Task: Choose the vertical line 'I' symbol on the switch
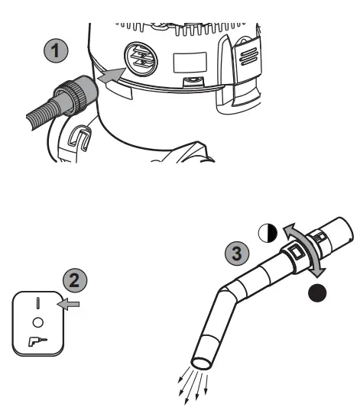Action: pos(37,302)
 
